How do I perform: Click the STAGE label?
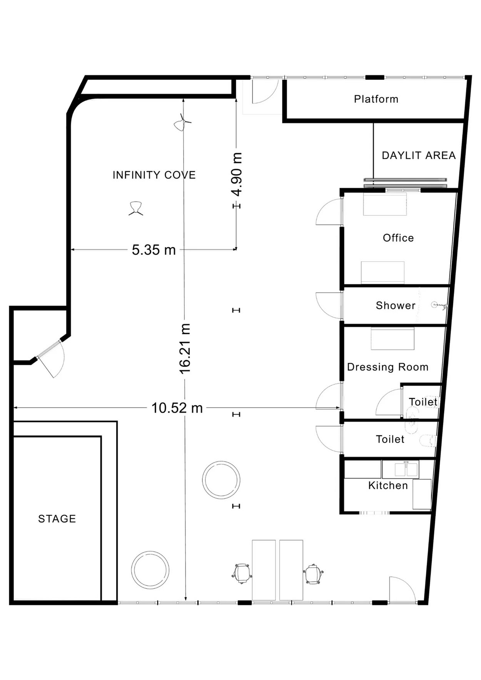point(57,518)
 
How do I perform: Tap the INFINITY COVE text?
point(154,175)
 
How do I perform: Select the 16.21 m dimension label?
point(185,349)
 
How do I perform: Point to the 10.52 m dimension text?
point(177,408)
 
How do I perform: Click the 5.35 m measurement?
point(154,250)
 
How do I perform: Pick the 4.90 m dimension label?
point(237,174)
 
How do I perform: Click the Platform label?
point(376,99)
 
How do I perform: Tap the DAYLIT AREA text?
point(419,155)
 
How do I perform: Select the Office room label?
point(398,238)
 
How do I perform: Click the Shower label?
point(396,305)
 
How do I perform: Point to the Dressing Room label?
point(387,367)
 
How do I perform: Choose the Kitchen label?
point(388,485)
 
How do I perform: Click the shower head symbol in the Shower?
point(439,305)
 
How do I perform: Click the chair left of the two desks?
point(242,573)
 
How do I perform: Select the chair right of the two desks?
point(313,574)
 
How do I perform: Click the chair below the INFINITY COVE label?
point(136,208)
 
